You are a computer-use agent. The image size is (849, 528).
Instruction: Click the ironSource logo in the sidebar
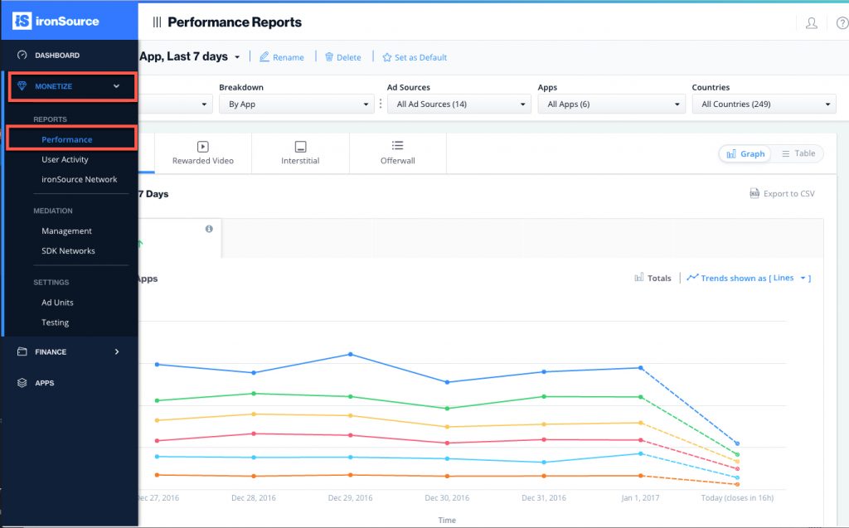click(57, 21)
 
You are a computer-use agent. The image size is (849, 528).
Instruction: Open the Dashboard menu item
click(57, 56)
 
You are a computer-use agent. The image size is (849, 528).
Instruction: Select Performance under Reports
click(67, 139)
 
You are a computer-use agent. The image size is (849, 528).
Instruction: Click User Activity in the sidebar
click(65, 159)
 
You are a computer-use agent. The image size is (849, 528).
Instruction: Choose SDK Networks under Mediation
click(68, 251)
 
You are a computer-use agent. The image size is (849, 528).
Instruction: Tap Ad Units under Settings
click(57, 303)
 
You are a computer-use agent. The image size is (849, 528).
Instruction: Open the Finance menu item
click(51, 352)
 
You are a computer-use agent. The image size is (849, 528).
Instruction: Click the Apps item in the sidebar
click(45, 383)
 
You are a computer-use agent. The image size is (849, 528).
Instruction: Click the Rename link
click(282, 57)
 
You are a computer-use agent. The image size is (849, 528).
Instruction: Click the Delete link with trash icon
click(342, 57)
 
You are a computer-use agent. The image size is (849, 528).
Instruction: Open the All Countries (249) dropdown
click(764, 104)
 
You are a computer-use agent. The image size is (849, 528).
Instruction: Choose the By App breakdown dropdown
click(296, 104)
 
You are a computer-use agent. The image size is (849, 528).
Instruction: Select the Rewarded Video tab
click(202, 153)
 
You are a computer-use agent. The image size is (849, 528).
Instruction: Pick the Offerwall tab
click(397, 153)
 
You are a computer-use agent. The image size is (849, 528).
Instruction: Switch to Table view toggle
click(798, 153)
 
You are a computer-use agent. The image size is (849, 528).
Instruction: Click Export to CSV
click(782, 194)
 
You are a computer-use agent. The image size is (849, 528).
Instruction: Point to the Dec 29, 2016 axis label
click(350, 498)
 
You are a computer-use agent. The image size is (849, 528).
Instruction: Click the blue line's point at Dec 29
click(350, 354)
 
